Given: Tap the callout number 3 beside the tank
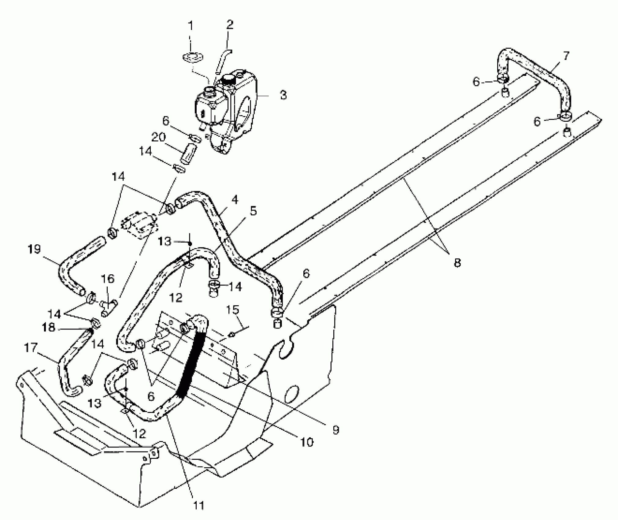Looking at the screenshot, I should (283, 95).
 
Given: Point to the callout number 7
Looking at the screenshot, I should (566, 56).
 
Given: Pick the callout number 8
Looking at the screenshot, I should (457, 263).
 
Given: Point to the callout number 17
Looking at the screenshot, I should (31, 348).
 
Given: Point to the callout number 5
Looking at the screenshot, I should (253, 211).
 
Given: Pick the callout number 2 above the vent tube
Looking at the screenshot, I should (230, 25).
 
